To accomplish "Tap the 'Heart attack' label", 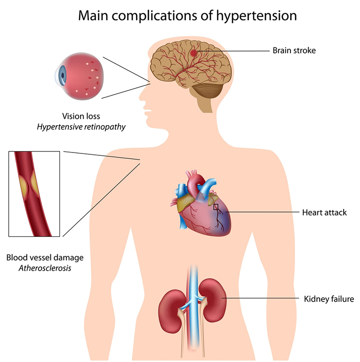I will click(x=324, y=212).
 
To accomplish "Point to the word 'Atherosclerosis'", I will click(x=45, y=268).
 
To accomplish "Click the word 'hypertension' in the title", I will click(x=249, y=15).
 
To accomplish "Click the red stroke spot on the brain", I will click(x=194, y=52).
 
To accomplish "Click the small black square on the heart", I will click(x=216, y=207).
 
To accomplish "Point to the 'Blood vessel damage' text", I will click(x=45, y=257).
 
